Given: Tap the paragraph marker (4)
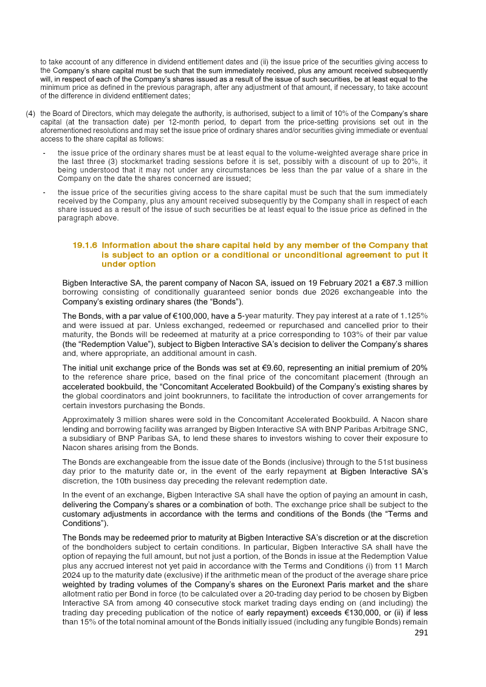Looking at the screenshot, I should pyautogui.click(x=30, y=114).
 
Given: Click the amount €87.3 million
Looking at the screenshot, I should pyautogui.click(x=402, y=283).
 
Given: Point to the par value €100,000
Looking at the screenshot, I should pyautogui.click(x=193, y=316).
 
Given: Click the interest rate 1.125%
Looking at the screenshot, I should pyautogui.click(x=413, y=316).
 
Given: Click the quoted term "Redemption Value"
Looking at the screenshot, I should pyautogui.click(x=97, y=344).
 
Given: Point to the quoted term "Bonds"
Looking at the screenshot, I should pyautogui.click(x=225, y=302).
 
